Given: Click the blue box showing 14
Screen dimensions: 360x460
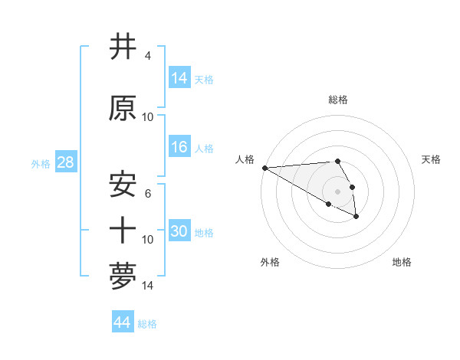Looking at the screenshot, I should tap(179, 78).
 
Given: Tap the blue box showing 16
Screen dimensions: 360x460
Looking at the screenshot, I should tap(179, 147).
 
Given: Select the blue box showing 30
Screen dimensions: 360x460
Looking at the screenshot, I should tap(179, 231).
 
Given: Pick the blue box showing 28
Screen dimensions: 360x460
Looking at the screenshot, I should tap(64, 162).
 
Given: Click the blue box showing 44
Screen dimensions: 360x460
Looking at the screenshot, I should tap(122, 322).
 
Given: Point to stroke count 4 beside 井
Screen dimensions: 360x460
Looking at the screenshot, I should tap(147, 56).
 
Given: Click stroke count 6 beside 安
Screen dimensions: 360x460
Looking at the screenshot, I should tap(147, 194).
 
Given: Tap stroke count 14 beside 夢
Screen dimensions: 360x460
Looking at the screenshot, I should tap(148, 286).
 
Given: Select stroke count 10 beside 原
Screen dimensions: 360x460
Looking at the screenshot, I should tap(148, 117).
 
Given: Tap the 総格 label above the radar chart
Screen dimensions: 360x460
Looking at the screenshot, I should tap(337, 100).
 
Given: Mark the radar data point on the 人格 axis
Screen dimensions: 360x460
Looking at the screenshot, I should tap(264, 168).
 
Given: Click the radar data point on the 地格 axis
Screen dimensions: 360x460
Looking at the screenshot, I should tap(356, 218).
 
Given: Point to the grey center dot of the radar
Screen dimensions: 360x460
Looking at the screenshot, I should tap(337, 191).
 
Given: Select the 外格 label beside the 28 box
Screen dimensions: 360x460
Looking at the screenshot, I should tap(40, 163).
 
